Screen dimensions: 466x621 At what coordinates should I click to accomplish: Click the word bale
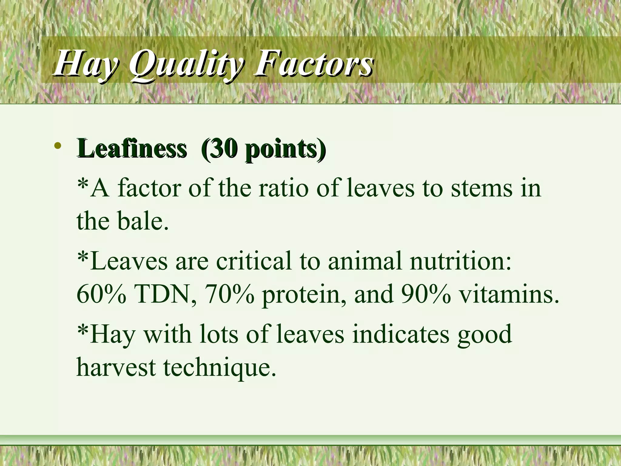143,221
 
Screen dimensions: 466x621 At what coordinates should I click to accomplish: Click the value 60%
101,294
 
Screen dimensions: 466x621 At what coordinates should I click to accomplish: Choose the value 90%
426,294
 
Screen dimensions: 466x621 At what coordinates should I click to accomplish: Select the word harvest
116,367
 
